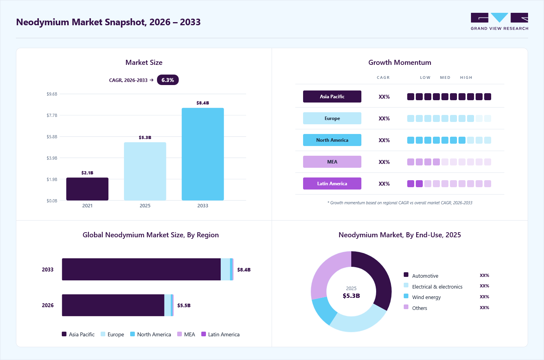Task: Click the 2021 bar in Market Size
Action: [x=87, y=189]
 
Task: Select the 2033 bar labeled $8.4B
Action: [x=202, y=154]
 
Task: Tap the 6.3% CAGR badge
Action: [x=167, y=80]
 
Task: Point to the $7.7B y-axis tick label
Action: [x=52, y=115]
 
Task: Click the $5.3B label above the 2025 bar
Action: [x=145, y=137]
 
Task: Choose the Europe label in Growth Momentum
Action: [x=332, y=118]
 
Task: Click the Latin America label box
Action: [x=332, y=184]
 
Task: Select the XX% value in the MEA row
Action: [x=384, y=162]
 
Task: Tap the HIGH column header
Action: [x=466, y=77]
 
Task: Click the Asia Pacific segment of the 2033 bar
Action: [x=141, y=269]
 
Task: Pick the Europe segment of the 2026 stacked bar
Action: [x=167, y=305]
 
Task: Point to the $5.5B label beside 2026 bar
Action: [x=184, y=305]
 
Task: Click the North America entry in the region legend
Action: [x=151, y=334]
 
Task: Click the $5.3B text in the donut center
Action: [x=351, y=296]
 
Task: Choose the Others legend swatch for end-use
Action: [x=406, y=307]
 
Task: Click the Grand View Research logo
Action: [x=499, y=21]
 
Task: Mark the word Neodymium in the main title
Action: [x=42, y=22]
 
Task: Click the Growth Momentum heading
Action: [x=400, y=63]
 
